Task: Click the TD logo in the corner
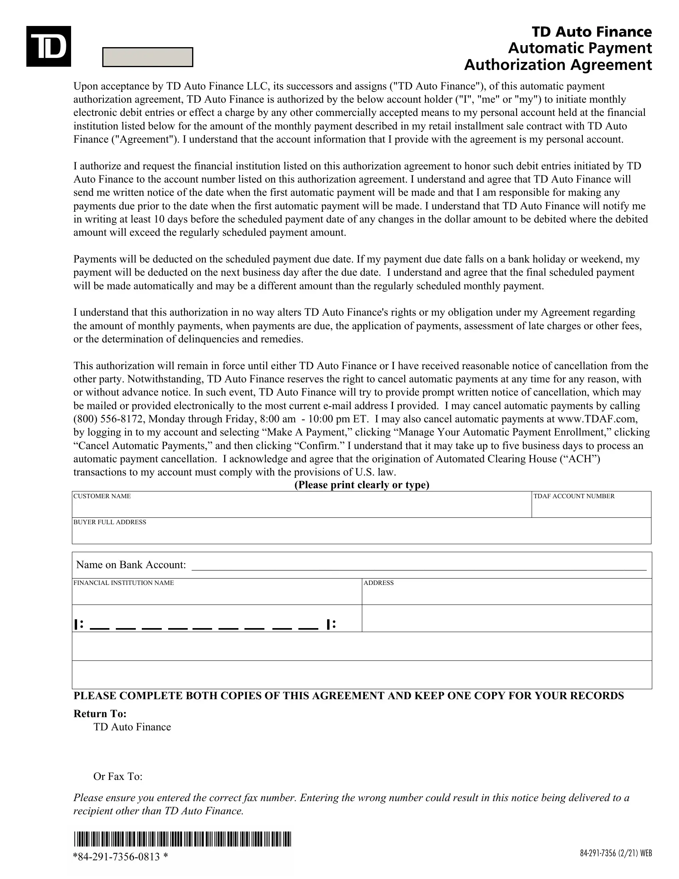tap(49, 46)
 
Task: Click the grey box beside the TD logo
tap(148, 57)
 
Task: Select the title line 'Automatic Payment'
tap(580, 48)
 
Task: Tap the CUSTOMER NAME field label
tap(102, 496)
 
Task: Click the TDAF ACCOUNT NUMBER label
tap(574, 496)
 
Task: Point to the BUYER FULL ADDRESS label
tap(109, 522)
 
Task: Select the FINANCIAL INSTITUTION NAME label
tap(123, 583)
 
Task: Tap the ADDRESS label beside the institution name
tap(378, 583)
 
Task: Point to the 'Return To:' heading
tap(100, 714)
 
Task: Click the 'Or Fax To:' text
tap(118, 776)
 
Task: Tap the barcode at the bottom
tap(182, 839)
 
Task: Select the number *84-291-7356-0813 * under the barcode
tap(121, 856)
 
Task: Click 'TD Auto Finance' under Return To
tap(132, 727)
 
